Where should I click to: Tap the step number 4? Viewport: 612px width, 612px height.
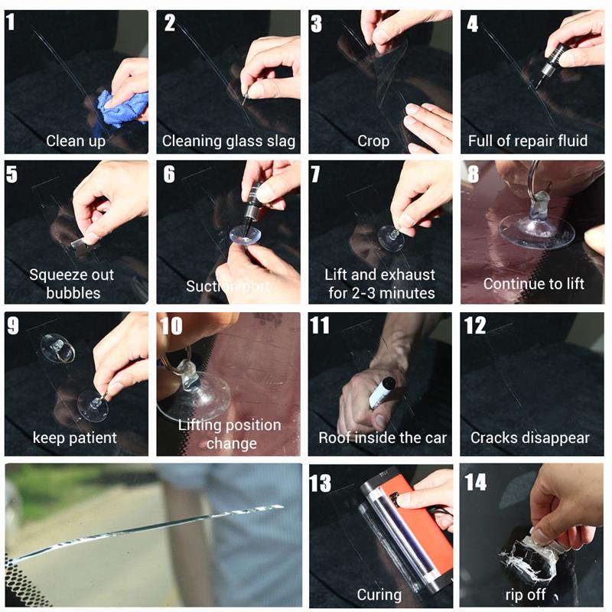point(473,24)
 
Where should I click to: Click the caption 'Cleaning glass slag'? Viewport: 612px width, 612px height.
point(228,141)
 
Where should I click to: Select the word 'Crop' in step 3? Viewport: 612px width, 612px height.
point(373,141)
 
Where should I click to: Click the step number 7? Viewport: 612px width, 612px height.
point(315,174)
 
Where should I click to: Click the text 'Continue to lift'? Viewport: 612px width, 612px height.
point(533,284)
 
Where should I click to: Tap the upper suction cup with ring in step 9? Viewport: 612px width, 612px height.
point(57,347)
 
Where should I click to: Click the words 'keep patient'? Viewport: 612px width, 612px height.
point(75,438)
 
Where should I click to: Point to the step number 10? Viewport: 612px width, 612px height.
point(171,326)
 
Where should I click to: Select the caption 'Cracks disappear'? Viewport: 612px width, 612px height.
point(530,438)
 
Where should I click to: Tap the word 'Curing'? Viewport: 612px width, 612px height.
point(379,594)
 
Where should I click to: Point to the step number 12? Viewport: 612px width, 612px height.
point(475,326)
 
